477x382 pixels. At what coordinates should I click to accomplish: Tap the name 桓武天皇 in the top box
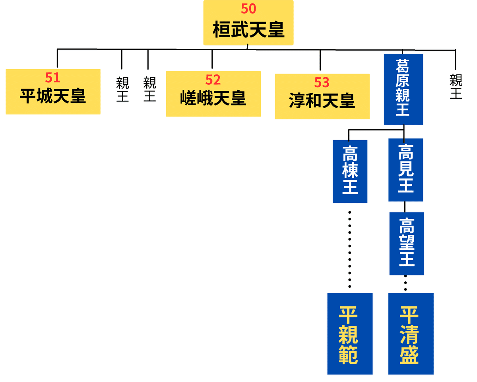pos(248,29)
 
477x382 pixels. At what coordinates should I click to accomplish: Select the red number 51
pos(52,77)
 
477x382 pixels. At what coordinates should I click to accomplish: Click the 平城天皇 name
pos(53,96)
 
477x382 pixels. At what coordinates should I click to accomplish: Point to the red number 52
pos(213,80)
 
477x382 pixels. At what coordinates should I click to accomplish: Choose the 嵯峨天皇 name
pos(213,98)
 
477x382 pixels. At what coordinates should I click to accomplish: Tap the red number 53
pos(322,82)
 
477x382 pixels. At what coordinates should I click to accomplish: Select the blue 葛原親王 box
pos(403,89)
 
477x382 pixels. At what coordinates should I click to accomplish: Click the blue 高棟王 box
pos(350,171)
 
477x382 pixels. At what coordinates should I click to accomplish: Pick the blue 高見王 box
pos(405,170)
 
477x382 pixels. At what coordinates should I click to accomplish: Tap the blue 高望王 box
pos(407,244)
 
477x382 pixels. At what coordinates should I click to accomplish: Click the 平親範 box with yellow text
pos(350,334)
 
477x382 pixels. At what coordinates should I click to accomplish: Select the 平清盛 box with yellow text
pos(411,334)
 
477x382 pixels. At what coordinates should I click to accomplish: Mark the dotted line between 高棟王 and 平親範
pos(350,249)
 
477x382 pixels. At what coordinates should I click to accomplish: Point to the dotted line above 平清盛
pos(405,283)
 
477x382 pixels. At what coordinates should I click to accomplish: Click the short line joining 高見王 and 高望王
pos(405,207)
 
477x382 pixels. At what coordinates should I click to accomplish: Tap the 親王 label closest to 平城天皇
pos(122,89)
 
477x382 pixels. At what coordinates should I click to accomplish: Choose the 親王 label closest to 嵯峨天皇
pos(149,89)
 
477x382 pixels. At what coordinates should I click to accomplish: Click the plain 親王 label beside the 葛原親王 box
pos(456,86)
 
